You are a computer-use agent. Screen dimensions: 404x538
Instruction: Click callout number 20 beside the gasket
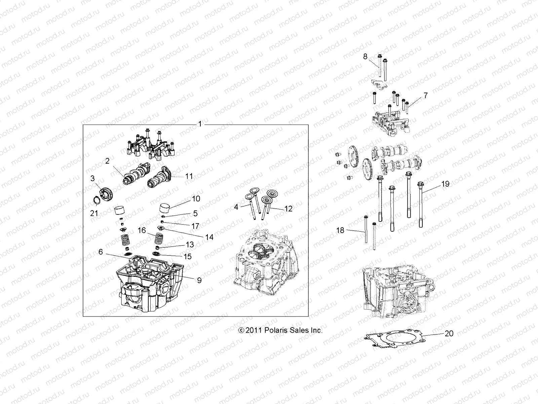pos(449,333)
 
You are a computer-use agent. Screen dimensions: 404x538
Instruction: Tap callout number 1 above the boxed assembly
pos(200,124)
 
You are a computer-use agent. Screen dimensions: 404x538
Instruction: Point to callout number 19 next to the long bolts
pos(445,184)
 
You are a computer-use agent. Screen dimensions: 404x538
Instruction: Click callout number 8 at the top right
pos(365,57)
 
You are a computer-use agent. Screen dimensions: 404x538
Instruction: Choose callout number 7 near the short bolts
pos(425,96)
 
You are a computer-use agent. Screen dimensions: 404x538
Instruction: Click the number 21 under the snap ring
pos(94,213)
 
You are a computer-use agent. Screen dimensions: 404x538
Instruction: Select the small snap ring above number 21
pos(96,201)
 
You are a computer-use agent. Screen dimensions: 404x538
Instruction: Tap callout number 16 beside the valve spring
pos(142,230)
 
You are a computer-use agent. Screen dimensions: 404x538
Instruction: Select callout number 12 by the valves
pos(289,209)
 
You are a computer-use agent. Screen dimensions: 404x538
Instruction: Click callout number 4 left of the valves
pos(236,207)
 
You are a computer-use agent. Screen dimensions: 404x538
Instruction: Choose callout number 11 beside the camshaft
pos(189,176)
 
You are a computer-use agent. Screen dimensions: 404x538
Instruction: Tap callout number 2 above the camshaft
pos(107,161)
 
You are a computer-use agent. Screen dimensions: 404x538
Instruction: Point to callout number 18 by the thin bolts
pos(340,231)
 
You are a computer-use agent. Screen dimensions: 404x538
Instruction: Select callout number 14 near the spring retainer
pos(209,237)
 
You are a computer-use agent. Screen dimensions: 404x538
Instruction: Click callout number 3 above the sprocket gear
pos(93,178)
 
